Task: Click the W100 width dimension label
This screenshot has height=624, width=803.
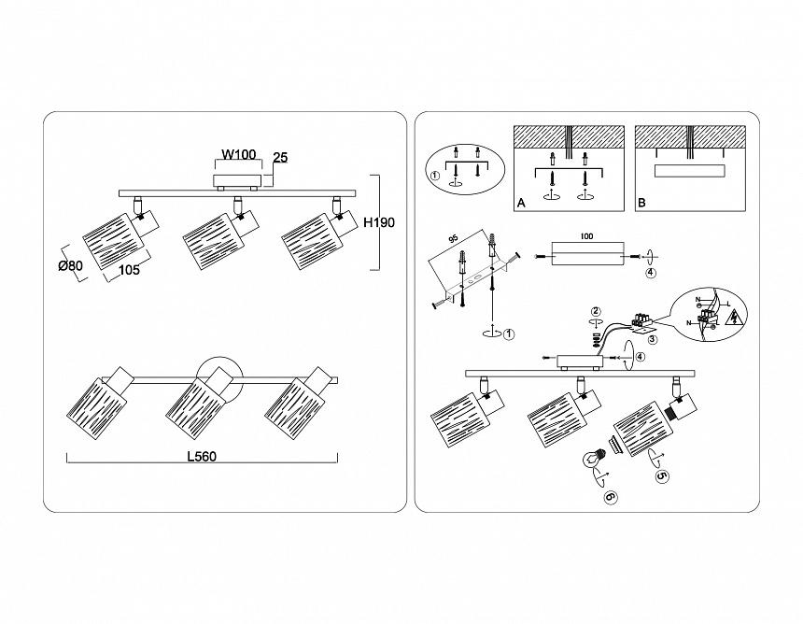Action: coord(239,155)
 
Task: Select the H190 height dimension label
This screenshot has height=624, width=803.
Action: coord(379,222)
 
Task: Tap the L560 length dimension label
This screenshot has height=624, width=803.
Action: coord(203,458)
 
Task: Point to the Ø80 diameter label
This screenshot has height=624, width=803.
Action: coord(70,266)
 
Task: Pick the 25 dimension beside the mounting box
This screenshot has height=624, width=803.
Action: coord(279,158)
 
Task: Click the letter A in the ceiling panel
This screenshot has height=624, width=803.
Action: coord(521,203)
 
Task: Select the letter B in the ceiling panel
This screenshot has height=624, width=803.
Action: coord(641,203)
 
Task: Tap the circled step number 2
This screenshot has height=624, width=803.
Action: coord(596,311)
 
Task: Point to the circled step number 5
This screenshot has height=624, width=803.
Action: coord(662,475)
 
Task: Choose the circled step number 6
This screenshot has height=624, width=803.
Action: coord(611,497)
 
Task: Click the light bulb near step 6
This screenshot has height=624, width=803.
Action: coord(591,459)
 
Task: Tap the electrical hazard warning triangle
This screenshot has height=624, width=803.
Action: coord(734,316)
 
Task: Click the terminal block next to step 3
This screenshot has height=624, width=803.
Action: coord(642,321)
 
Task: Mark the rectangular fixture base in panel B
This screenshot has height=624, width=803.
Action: coord(690,171)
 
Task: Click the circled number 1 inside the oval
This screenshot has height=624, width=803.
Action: coord(434,175)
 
